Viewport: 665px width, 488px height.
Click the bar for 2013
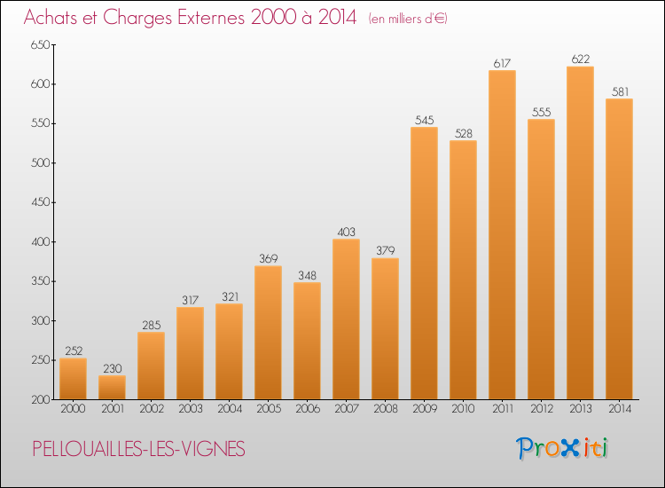point(580,233)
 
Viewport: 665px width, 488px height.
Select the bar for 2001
point(112,388)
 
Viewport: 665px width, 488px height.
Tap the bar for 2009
point(424,264)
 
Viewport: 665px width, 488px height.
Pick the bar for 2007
point(346,319)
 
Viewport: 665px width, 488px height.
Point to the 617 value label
point(502,63)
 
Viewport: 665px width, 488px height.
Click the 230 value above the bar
point(112,368)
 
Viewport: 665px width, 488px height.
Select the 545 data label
point(424,120)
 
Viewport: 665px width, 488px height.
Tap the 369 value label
point(268,258)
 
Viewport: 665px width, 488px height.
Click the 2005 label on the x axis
point(269,408)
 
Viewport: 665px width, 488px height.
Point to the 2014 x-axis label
point(620,408)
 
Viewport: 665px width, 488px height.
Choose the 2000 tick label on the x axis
point(73,408)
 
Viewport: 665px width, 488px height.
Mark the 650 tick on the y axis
point(40,44)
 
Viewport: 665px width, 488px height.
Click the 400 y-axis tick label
point(40,242)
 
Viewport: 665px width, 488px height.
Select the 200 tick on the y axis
point(40,400)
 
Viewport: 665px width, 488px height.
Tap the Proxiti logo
point(562,448)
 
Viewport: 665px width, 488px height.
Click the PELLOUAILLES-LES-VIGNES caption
point(138,449)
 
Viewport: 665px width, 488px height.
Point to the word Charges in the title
point(137,18)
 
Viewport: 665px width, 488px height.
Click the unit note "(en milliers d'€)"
point(408,19)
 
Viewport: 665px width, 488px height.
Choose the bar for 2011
point(502,234)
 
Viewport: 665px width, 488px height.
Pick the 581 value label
point(620,91)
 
